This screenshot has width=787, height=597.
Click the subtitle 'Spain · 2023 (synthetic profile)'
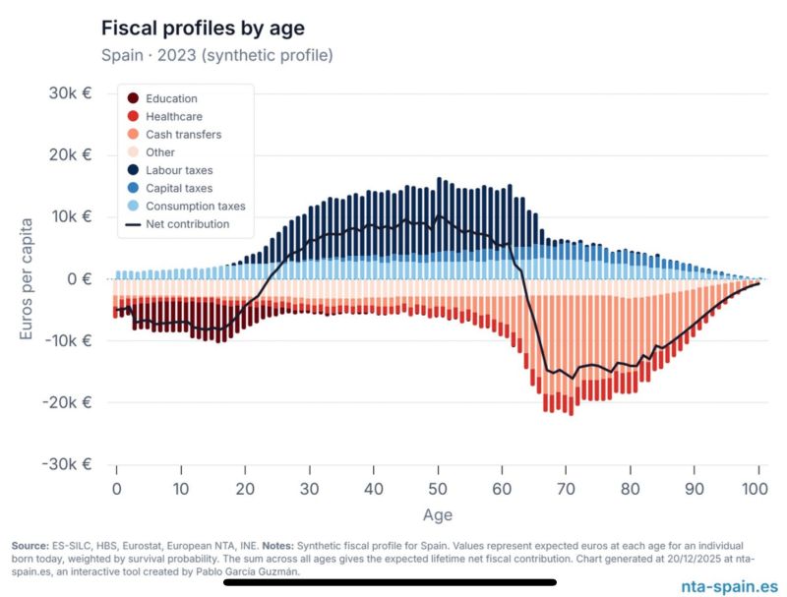(216, 55)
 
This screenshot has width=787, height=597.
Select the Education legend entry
(171, 98)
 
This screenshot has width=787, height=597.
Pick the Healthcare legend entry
(173, 116)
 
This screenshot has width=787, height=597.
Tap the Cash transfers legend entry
(183, 134)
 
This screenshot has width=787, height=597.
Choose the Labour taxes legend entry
(179, 170)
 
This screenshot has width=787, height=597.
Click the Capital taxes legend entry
(179, 188)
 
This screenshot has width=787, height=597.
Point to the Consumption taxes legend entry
(195, 206)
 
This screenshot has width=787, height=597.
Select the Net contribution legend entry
(187, 223)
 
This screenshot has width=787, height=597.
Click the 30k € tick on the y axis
(71, 92)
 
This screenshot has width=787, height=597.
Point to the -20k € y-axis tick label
(67, 402)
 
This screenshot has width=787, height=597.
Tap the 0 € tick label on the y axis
(80, 278)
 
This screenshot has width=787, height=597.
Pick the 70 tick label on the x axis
(567, 488)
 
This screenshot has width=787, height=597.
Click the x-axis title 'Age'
(438, 514)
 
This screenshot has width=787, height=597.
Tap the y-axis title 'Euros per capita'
(29, 278)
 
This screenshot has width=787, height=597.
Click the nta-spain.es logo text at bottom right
(729, 585)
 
